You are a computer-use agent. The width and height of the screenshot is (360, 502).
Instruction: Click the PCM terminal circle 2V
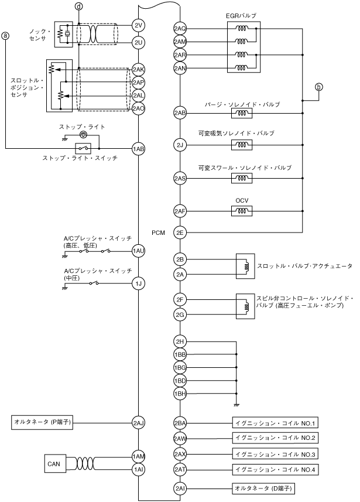(139, 25)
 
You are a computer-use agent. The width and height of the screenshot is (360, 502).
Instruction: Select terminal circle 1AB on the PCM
(139, 149)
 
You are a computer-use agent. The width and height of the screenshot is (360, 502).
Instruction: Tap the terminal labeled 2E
(180, 232)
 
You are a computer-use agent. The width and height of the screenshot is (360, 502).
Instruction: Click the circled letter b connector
(319, 87)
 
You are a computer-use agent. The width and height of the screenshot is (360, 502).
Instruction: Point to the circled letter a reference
(6, 35)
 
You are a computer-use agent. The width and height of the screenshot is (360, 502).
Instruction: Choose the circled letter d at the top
(79, 6)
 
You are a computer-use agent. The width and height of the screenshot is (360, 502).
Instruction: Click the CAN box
(53, 464)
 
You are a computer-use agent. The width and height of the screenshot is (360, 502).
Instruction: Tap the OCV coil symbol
(242, 211)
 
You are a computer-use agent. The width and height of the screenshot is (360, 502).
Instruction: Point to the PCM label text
(158, 233)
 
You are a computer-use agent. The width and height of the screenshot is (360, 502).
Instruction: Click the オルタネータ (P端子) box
(42, 421)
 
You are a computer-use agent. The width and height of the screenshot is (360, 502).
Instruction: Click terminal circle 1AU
(139, 251)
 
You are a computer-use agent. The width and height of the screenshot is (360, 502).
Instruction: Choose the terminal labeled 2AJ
(139, 422)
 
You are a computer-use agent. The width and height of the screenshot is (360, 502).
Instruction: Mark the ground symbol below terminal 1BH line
(236, 404)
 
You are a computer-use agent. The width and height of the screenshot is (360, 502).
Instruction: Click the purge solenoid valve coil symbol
(242, 112)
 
